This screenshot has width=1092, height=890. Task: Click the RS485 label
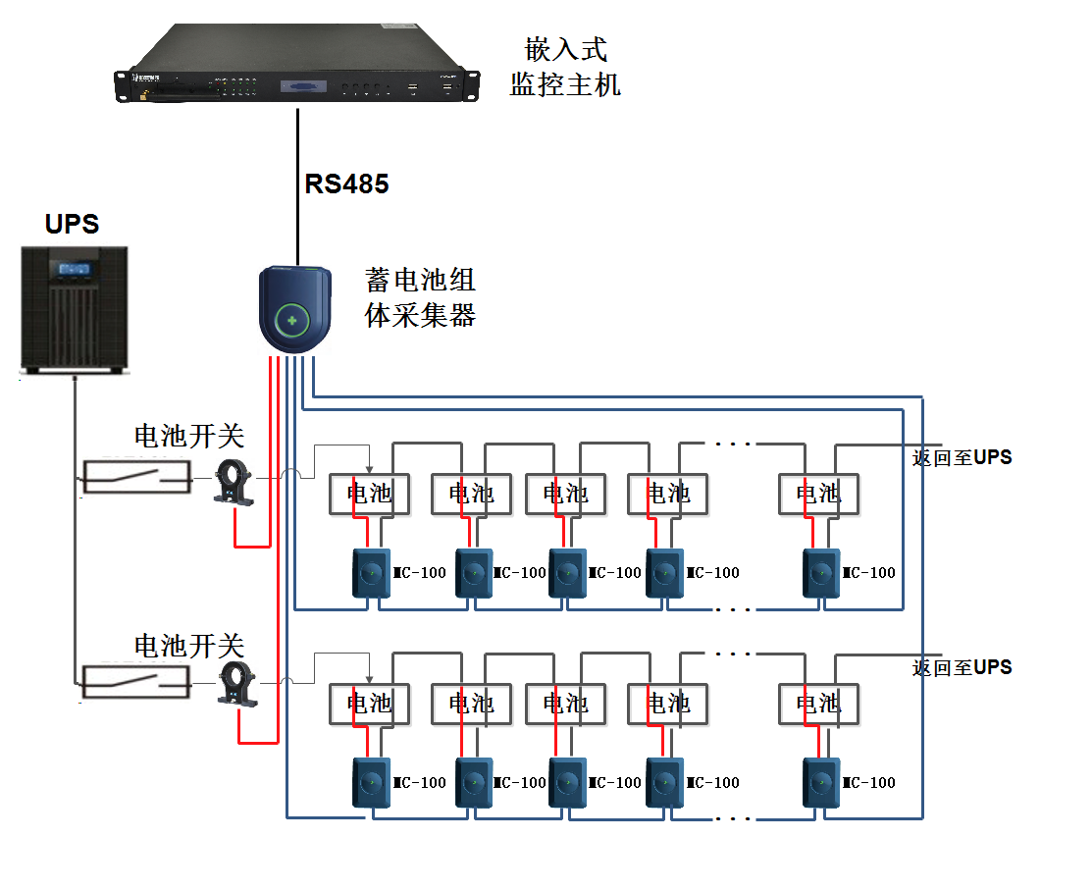346,183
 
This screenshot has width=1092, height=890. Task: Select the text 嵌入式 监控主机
565,67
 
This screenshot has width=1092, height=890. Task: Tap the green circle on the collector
291,321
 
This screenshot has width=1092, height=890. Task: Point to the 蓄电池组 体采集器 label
420,297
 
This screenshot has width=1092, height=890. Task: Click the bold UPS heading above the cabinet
72,224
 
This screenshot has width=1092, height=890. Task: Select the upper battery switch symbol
135,477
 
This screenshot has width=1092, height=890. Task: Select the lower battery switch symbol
135,681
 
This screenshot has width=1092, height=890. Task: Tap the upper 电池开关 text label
188,436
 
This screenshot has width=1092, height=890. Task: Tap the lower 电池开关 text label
188,645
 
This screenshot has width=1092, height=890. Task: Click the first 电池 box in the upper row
369,494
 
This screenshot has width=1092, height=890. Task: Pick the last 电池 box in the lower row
818,703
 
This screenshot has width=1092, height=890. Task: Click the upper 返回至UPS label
962,457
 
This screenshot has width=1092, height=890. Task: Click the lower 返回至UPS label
962,667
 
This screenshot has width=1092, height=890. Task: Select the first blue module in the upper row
372,573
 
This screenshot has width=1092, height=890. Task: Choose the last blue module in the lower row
822,782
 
